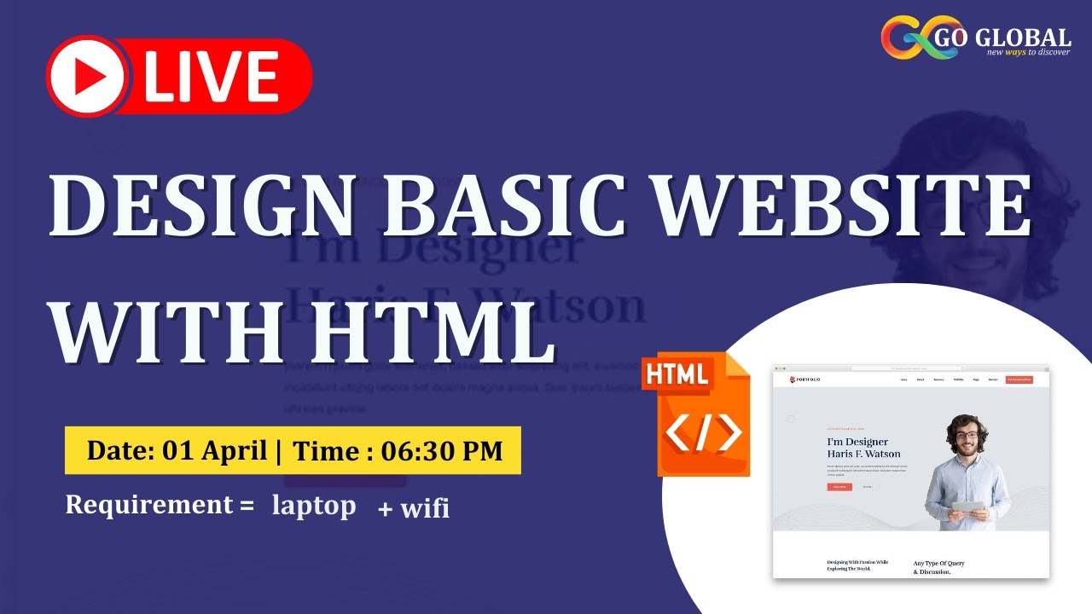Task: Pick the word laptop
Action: point(314,506)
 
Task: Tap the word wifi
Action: point(424,509)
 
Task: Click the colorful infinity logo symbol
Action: point(914,39)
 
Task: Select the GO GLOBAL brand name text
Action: point(1014,38)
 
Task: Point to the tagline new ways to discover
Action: point(1028,52)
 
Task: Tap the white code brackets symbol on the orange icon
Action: point(703,434)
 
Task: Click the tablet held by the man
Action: point(967,506)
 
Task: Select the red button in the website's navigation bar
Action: point(1019,379)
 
